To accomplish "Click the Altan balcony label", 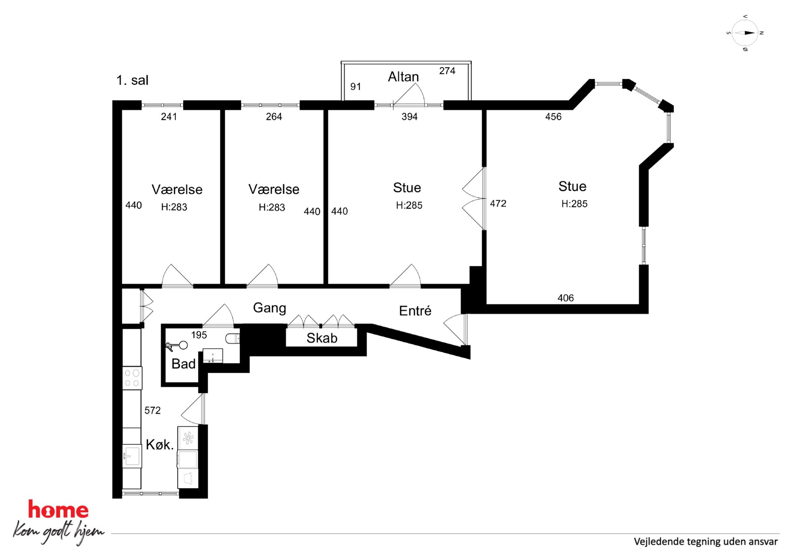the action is [x=403, y=76].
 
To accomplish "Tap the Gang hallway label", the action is [x=269, y=308].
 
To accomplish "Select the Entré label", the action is [x=415, y=311].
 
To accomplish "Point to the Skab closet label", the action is [x=322, y=338].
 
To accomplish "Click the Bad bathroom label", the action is [x=183, y=364].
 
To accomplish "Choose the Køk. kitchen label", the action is [x=159, y=444].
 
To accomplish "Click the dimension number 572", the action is [x=152, y=410].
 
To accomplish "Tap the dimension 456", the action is [x=553, y=116].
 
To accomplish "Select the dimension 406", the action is [x=566, y=298].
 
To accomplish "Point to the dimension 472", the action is [x=498, y=204].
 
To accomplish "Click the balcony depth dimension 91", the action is [x=355, y=86].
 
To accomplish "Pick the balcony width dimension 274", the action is [x=447, y=71].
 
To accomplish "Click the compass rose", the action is [x=745, y=33].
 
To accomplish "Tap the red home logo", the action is [x=58, y=509].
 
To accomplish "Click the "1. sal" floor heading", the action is [x=132, y=80].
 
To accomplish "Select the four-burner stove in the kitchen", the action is [x=132, y=378].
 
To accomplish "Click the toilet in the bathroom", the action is [x=233, y=338].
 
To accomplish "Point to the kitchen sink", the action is [x=132, y=456].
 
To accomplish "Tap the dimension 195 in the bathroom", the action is [x=199, y=335].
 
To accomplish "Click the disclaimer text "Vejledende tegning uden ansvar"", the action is [x=705, y=542].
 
